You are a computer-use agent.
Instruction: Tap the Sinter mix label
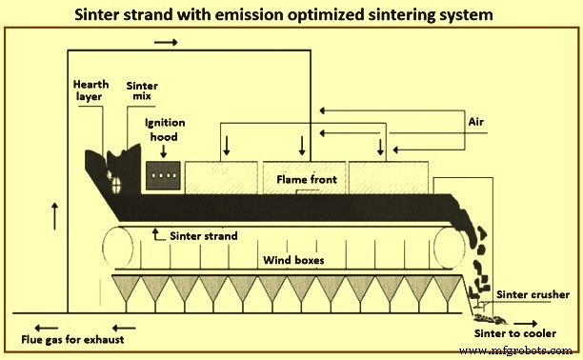coord(142,90)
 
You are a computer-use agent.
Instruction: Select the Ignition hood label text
coord(166,129)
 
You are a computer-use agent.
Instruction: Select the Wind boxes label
coord(293,259)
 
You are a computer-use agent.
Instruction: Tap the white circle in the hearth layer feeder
coord(116,185)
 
